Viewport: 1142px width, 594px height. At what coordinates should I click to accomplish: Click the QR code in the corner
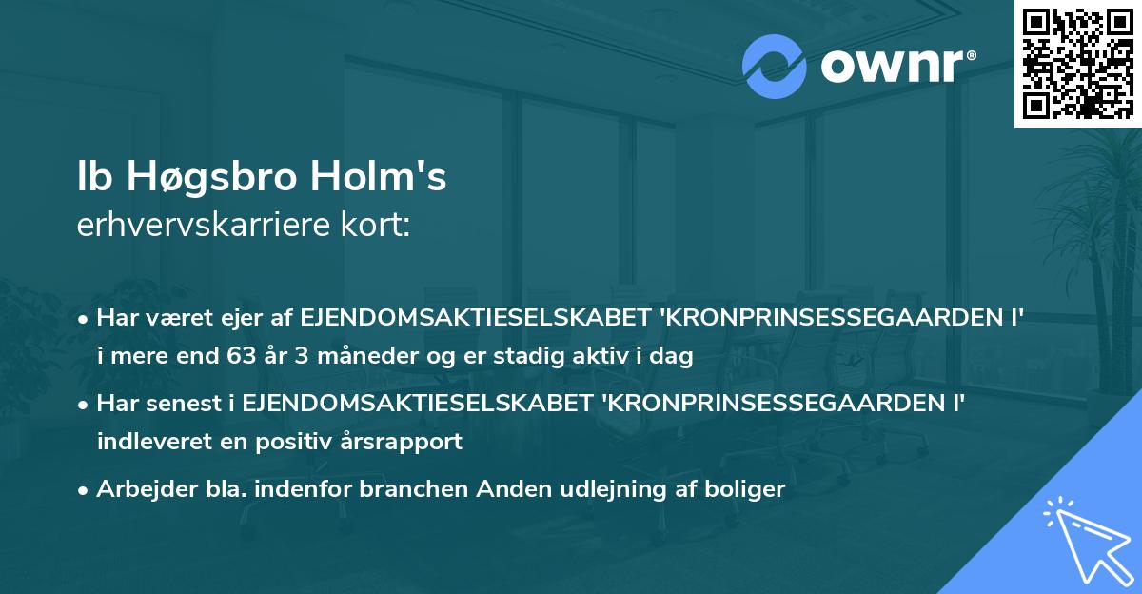click(x=1076, y=63)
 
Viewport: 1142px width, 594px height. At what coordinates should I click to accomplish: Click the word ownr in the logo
click(x=896, y=68)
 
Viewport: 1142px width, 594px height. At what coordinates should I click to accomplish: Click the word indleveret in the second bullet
click(x=143, y=442)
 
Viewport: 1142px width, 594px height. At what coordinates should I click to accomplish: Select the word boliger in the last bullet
click(x=746, y=490)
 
